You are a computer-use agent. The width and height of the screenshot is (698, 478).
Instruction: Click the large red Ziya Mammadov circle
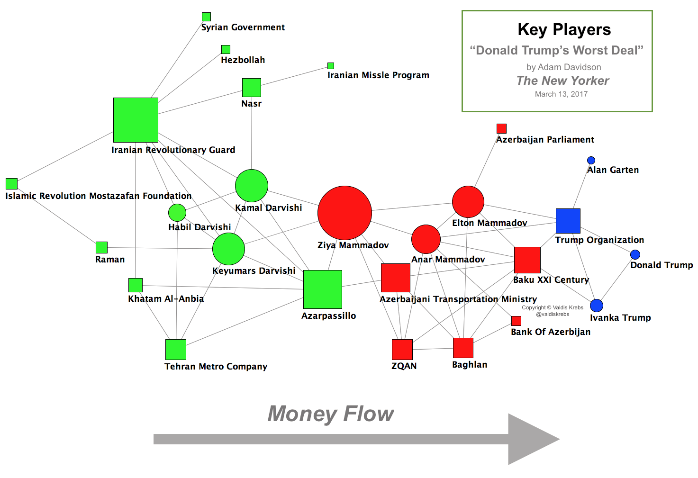(x=344, y=213)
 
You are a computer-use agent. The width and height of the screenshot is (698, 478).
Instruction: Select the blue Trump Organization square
(x=568, y=221)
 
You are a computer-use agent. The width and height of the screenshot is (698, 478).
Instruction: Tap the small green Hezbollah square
(x=226, y=49)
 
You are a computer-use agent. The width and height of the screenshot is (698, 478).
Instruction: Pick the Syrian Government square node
(x=206, y=17)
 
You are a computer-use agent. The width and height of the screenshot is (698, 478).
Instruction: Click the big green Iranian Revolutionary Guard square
(x=136, y=120)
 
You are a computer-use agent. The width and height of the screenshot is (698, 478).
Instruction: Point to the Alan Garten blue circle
(x=591, y=161)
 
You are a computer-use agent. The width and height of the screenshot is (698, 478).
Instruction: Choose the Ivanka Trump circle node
(x=597, y=306)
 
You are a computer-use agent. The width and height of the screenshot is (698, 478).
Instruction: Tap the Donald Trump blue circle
(x=635, y=255)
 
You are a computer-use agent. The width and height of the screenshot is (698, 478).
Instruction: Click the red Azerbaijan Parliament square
(x=501, y=128)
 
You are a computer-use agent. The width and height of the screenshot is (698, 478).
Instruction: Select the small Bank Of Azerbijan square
(x=516, y=321)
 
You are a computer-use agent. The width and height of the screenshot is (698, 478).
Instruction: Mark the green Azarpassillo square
(x=322, y=289)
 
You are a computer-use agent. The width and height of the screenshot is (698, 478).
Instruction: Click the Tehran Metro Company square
(x=176, y=350)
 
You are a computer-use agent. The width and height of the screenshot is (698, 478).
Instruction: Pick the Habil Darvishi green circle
(x=177, y=213)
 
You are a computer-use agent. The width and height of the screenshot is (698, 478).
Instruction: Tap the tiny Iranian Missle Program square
(x=331, y=66)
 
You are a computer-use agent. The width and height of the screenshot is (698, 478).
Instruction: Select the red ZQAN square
(x=402, y=350)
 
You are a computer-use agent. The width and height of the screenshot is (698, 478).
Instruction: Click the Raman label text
(x=110, y=260)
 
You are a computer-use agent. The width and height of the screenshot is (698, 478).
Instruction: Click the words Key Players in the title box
(x=564, y=30)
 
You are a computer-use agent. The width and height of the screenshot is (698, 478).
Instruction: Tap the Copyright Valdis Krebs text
(x=553, y=307)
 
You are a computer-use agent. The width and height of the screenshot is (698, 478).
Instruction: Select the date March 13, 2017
(x=561, y=94)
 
